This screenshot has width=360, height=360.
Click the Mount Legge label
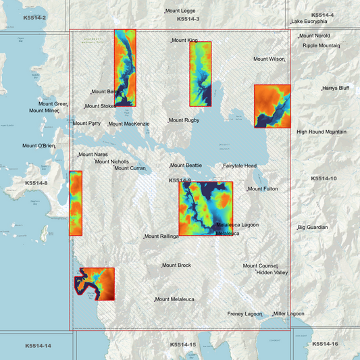pos(181,11)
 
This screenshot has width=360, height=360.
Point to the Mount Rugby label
pos(184,120)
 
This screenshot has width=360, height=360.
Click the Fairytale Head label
pos(240,166)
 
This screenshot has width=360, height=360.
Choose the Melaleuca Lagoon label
pos(237,225)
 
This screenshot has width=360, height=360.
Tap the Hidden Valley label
pos(272,273)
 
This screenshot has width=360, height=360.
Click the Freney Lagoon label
pos(245,314)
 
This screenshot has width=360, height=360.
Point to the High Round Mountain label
pos(322,132)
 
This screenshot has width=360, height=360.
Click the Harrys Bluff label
pos(336,88)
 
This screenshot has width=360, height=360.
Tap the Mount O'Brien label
pos(38,146)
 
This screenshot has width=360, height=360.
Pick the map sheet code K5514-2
pos(34,17)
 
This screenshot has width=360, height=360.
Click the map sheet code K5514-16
pos(325,344)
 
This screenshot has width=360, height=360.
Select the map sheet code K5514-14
pos(38,346)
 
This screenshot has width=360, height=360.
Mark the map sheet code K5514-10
pos(324,178)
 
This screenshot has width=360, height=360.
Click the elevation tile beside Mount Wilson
pos(272,106)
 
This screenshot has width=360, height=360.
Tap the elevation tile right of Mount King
pos(201,74)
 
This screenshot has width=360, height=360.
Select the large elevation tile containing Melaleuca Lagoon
pos(205,207)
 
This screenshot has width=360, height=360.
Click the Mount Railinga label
pos(162,236)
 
